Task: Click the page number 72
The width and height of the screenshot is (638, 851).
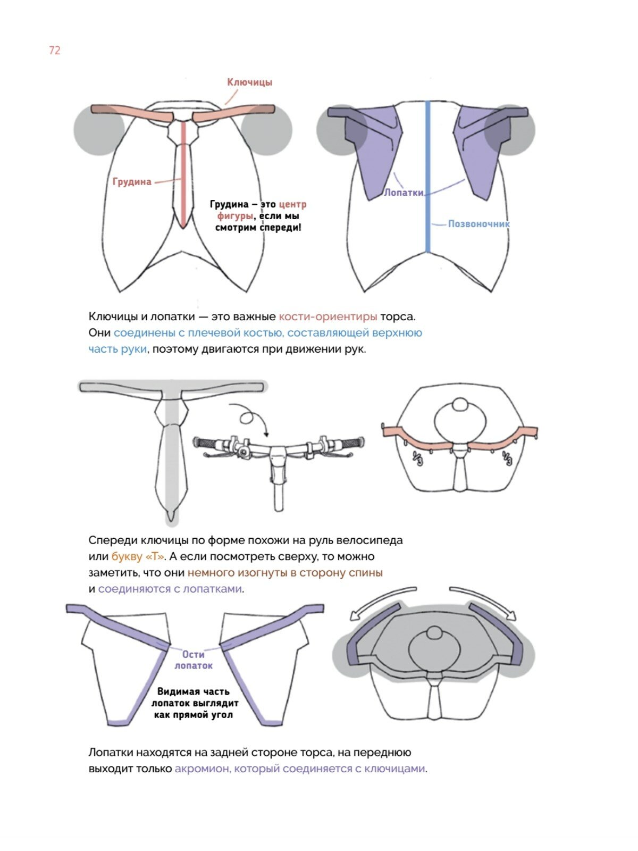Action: tap(55, 51)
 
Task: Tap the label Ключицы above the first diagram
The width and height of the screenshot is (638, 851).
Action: tap(249, 82)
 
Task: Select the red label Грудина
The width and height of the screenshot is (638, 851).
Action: tap(132, 182)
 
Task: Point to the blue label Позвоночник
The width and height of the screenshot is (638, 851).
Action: tap(478, 224)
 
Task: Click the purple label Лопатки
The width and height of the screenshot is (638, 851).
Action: tap(404, 193)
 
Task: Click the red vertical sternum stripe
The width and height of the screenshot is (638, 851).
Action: tap(183, 170)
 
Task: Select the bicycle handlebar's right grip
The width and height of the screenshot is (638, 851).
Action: tap(352, 442)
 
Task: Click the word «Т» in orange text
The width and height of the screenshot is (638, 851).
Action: tap(154, 557)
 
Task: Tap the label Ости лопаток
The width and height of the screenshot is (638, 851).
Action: tap(194, 660)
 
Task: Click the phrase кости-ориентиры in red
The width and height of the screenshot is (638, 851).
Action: tap(328, 317)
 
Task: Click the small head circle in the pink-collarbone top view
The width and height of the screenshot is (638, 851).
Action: tap(460, 405)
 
